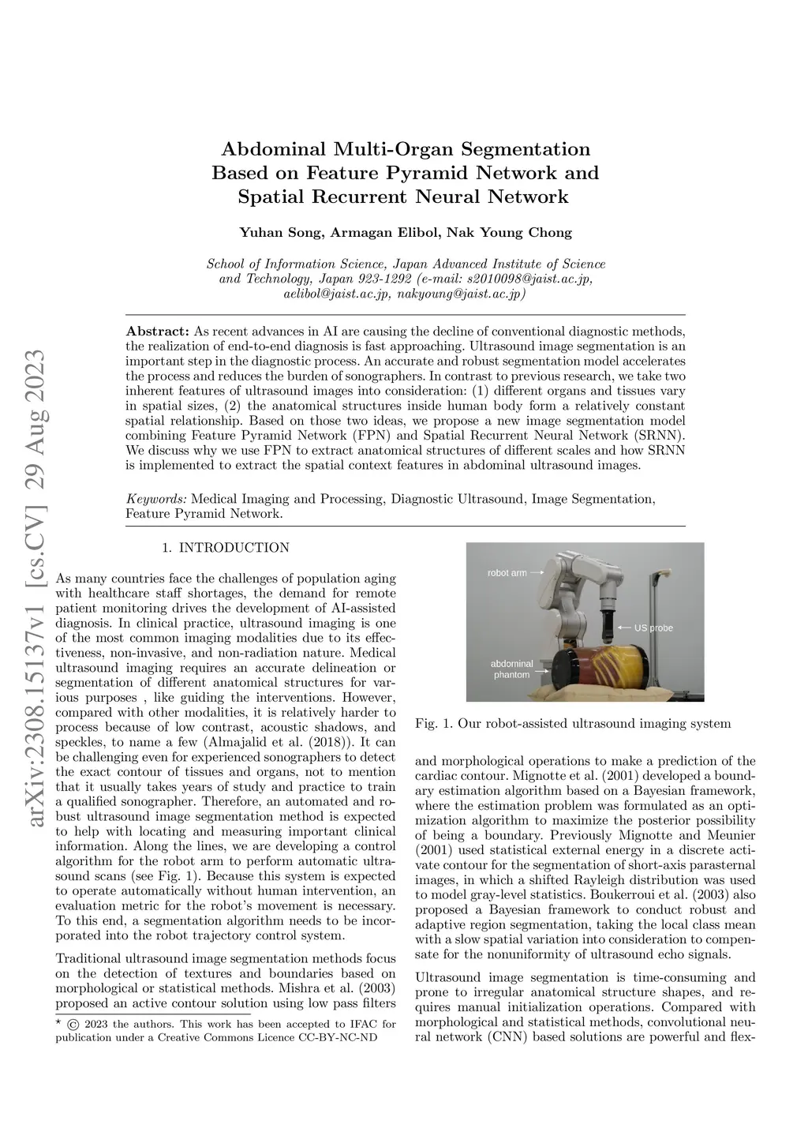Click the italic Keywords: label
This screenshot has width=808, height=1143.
[156, 499]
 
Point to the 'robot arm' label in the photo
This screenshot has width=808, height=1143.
[507, 572]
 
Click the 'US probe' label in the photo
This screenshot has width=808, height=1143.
[654, 628]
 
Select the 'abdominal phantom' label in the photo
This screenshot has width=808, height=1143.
[511, 669]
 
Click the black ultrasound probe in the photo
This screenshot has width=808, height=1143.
[608, 624]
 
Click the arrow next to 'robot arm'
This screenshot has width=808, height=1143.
[537, 572]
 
